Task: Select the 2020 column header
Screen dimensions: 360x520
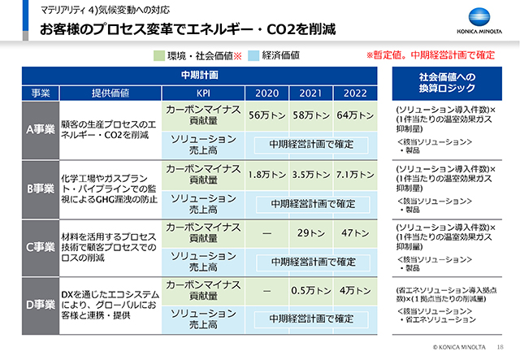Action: pyautogui.click(x=266, y=92)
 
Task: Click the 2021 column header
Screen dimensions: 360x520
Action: pyautogui.click(x=310, y=92)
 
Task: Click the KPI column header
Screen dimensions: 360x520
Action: pyautogui.click(x=202, y=92)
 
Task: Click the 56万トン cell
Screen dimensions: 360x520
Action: pyautogui.click(x=266, y=116)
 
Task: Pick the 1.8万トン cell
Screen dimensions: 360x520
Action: pyautogui.click(x=266, y=175)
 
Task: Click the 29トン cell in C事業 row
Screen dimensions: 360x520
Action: pyautogui.click(x=310, y=233)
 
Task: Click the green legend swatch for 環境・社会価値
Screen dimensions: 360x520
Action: pyautogui.click(x=159, y=56)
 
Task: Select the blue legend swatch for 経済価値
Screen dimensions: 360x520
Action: pyautogui.click(x=253, y=56)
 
